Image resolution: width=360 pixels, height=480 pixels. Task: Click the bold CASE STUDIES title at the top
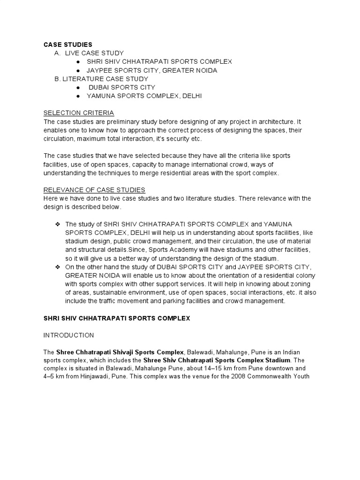click(x=67, y=45)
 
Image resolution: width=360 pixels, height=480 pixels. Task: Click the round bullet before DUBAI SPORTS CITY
click(x=77, y=88)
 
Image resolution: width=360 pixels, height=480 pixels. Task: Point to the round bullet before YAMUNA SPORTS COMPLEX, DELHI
click(x=77, y=96)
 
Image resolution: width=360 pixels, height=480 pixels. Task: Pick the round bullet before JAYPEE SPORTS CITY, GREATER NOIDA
click(x=77, y=70)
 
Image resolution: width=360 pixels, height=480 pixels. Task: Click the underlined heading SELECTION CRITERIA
click(x=79, y=113)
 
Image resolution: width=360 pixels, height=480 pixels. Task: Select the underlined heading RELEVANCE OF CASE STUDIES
click(x=94, y=190)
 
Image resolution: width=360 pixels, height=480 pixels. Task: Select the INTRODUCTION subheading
click(x=68, y=335)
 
